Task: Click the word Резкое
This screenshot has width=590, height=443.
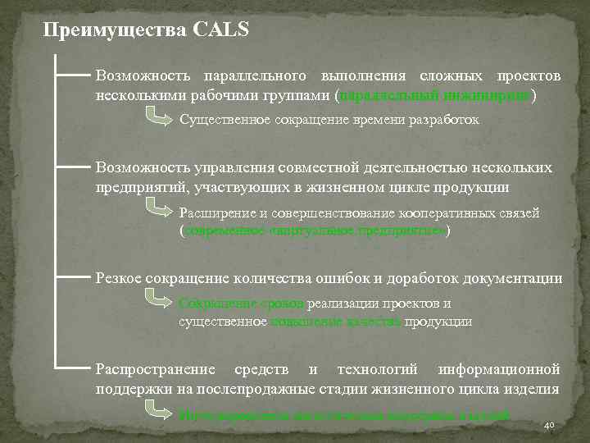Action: point(119,278)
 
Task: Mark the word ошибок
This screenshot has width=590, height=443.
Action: point(352,278)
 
